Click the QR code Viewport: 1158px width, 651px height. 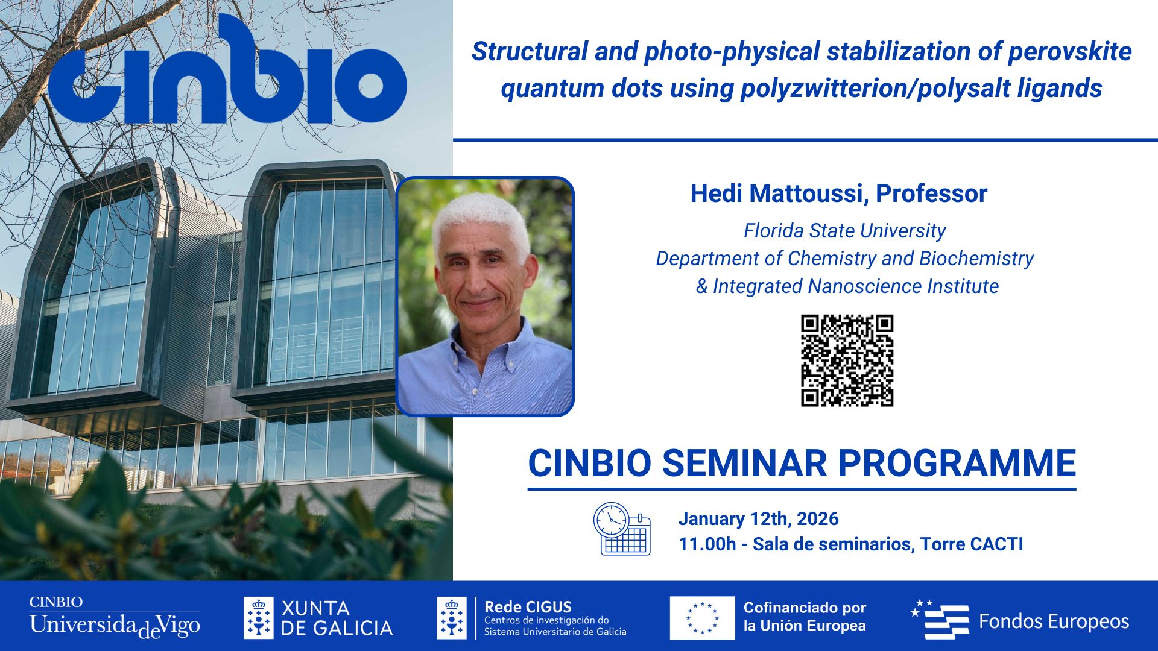pyautogui.click(x=847, y=360)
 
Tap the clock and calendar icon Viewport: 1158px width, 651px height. pyautogui.click(x=622, y=529)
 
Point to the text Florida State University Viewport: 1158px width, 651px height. pyautogui.click(x=844, y=231)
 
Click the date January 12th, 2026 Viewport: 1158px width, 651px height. pyautogui.click(x=758, y=519)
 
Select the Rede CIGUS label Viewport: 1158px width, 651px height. pyautogui.click(x=528, y=607)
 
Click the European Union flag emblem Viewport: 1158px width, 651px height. pyautogui.click(x=702, y=618)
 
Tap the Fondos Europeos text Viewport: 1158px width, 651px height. pyautogui.click(x=1053, y=621)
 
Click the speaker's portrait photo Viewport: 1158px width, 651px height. pyautogui.click(x=485, y=297)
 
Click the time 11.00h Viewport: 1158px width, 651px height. pyautogui.click(x=707, y=544)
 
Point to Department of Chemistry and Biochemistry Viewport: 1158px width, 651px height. pyautogui.click(x=844, y=259)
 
